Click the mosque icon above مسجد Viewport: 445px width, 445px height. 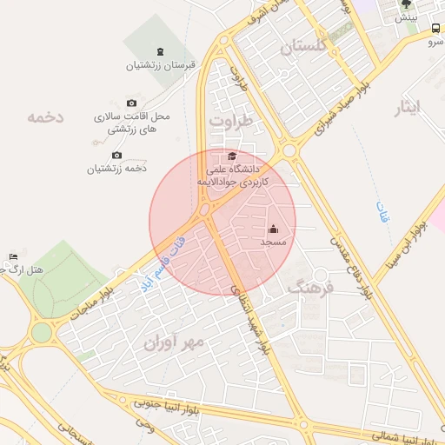274,229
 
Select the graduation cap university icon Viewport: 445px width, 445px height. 231,155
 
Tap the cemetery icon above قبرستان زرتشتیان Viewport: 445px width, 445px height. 159,51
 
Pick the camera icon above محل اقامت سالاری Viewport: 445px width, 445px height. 131,103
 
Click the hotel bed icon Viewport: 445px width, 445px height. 12,256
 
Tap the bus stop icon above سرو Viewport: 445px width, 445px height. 435,28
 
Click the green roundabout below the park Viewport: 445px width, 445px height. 41,332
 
